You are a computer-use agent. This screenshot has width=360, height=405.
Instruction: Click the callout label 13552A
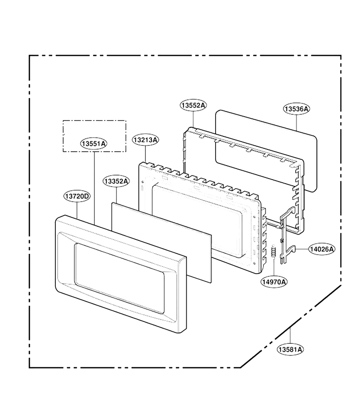tap(193, 105)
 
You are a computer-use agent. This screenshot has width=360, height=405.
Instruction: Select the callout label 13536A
tap(297, 109)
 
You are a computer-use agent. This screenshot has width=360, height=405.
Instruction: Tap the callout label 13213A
tap(145, 140)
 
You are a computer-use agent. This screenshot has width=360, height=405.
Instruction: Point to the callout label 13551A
tap(94, 144)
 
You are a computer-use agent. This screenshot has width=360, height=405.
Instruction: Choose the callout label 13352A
tap(116, 181)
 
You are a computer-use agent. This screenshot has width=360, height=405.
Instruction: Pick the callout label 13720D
tap(77, 196)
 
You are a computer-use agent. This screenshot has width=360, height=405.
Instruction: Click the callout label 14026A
tap(322, 249)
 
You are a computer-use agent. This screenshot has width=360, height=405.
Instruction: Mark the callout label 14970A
tap(274, 282)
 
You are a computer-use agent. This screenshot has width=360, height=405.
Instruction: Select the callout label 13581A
tap(290, 350)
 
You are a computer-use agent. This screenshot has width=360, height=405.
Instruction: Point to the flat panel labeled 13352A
tap(162, 242)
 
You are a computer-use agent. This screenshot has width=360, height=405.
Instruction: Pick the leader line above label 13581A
tap(290, 336)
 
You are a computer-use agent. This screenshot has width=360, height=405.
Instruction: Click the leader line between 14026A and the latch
tap(302, 249)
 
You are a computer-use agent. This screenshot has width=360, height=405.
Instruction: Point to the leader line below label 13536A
tap(297, 122)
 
